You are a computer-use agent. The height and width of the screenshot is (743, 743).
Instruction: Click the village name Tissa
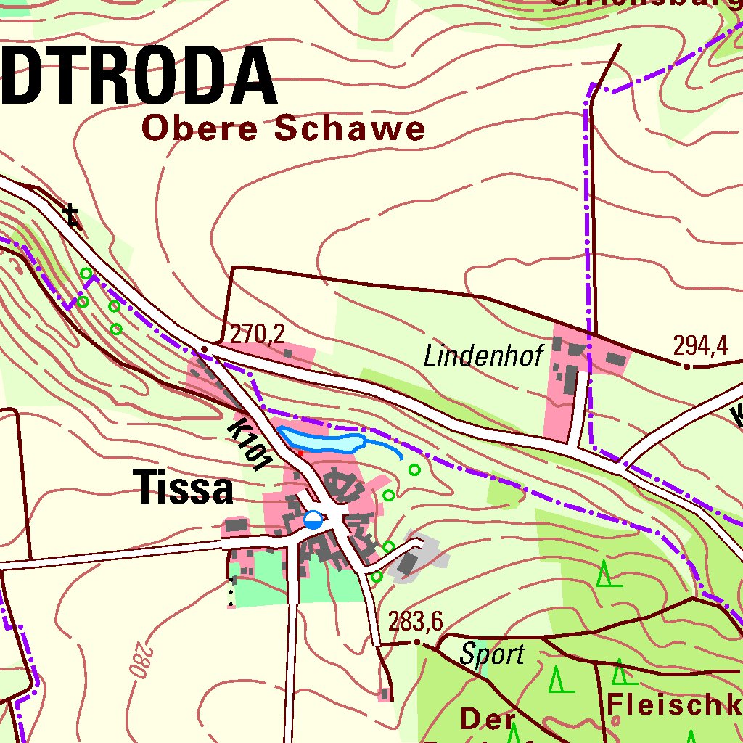pyautogui.click(x=186, y=487)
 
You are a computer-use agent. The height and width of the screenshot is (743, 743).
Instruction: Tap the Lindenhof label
pyautogui.click(x=483, y=356)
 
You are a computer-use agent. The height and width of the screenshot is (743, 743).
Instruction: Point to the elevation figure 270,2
pyautogui.click(x=258, y=333)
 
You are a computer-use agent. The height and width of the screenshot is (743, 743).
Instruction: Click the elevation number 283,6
pyautogui.click(x=415, y=622)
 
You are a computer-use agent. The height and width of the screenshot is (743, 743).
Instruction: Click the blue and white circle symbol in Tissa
pyautogui.click(x=313, y=520)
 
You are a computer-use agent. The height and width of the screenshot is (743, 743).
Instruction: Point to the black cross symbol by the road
pyautogui.click(x=70, y=214)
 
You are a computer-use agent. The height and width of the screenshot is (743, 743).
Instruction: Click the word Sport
pyautogui.click(x=492, y=654)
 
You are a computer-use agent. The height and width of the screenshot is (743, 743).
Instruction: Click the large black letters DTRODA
pyautogui.click(x=138, y=75)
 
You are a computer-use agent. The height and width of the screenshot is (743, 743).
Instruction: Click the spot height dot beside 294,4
pyautogui.click(x=686, y=366)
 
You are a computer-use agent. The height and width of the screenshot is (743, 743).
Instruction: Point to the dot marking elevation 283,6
pyautogui.click(x=417, y=642)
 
